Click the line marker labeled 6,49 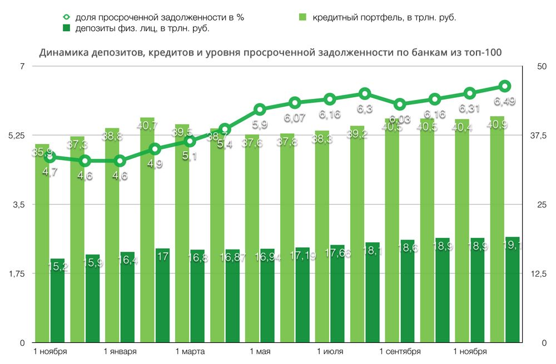(x=505, y=86)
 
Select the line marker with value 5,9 (x=260, y=109)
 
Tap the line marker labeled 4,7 (x=50, y=157)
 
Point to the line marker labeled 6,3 (x=365, y=93)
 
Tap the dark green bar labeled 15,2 (x=57, y=301)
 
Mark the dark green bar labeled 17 (x=162, y=295)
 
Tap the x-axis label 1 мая (x=260, y=352)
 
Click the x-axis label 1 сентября (x=400, y=352)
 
